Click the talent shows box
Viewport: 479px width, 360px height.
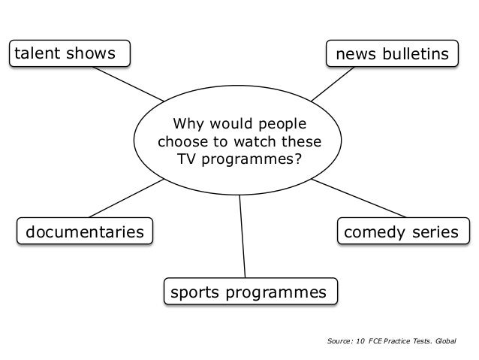click(68, 53)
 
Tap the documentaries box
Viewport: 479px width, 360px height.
click(84, 231)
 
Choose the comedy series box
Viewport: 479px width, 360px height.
click(399, 232)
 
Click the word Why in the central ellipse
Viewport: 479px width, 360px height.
click(188, 123)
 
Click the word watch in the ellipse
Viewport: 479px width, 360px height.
click(257, 141)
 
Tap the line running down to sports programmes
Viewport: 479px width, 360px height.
click(243, 237)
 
